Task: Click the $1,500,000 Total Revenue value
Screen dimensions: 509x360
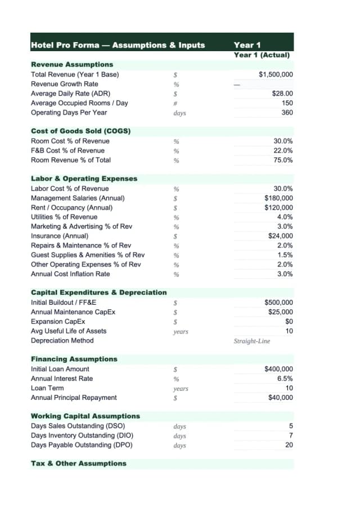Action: (276, 74)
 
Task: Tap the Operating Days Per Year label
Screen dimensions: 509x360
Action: (69, 112)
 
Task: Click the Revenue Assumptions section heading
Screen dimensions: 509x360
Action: (72, 65)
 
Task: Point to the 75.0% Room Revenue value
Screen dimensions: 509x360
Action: (283, 160)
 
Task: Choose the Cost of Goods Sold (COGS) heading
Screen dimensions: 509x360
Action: (80, 131)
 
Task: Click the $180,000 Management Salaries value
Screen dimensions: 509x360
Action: (278, 198)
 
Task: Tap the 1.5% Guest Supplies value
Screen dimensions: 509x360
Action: (285, 255)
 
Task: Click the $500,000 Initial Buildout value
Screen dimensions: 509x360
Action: (278, 303)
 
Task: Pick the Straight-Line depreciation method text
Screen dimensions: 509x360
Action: (252, 341)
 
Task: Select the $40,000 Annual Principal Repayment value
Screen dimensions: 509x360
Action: (280, 398)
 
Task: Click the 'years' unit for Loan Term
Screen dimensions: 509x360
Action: (181, 389)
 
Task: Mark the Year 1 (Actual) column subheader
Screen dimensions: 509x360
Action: (262, 55)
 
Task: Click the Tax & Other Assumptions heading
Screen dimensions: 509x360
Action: (78, 463)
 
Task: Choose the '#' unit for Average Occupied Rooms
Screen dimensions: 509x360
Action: (176, 103)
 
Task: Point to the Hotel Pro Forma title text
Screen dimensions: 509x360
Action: (118, 45)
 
